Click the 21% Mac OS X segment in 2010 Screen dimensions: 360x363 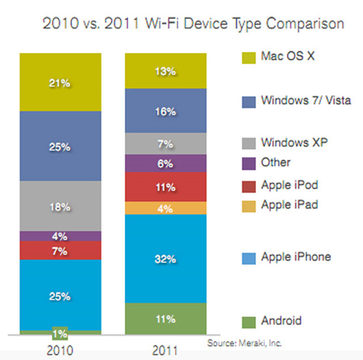(60, 82)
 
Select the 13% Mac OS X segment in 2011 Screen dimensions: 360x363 (166, 71)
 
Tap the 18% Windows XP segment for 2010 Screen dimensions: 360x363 (60, 206)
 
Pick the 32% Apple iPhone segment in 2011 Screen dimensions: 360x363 (166, 259)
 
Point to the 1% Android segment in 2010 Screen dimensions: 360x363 (60, 333)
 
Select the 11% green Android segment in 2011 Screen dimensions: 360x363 (166, 319)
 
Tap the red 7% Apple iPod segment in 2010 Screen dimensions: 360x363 (60, 250)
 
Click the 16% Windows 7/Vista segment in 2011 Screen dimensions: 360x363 (166, 111)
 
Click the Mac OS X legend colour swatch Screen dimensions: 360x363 (248, 57)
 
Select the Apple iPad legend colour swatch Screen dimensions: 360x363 (248, 205)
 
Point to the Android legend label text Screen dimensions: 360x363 (281, 321)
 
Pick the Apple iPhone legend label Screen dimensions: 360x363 (296, 257)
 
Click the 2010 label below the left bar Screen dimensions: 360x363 (60, 349)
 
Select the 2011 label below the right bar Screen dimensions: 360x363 (165, 349)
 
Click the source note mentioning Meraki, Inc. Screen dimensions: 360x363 (244, 343)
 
